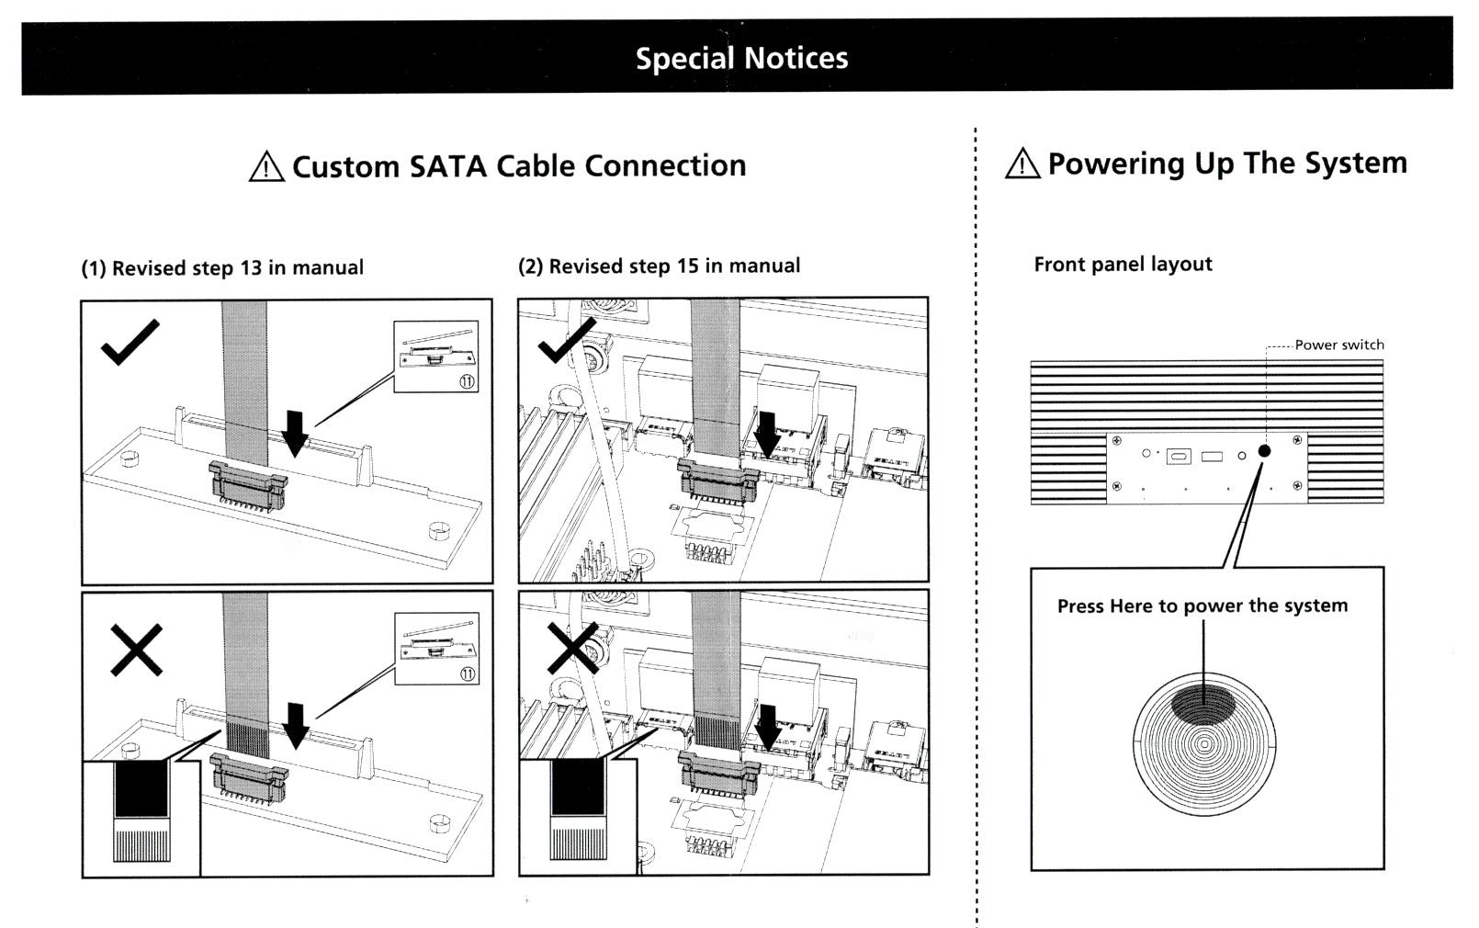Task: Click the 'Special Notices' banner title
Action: click(x=741, y=58)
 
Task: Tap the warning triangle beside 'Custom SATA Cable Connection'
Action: click(x=266, y=166)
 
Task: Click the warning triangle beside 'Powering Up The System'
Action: click(x=1022, y=164)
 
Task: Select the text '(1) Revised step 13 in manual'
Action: click(x=222, y=267)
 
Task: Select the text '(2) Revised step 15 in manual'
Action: click(x=659, y=266)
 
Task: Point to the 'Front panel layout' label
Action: click(x=1123, y=265)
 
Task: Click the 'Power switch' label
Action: click(x=1338, y=345)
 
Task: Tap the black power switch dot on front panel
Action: click(x=1264, y=450)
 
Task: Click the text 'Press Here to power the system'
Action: click(x=1202, y=605)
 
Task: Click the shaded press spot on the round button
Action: click(x=1203, y=703)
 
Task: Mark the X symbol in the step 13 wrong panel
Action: click(x=136, y=650)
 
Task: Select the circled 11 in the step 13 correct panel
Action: click(x=467, y=380)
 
